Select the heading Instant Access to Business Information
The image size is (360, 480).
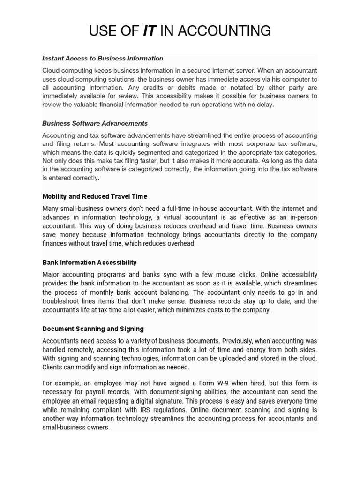point(103,59)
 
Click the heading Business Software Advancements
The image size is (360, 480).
point(95,123)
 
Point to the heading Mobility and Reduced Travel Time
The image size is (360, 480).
point(95,196)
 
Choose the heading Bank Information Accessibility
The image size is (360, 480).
point(90,262)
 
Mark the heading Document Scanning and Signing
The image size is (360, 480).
point(93,329)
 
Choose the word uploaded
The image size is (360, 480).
point(241,359)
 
